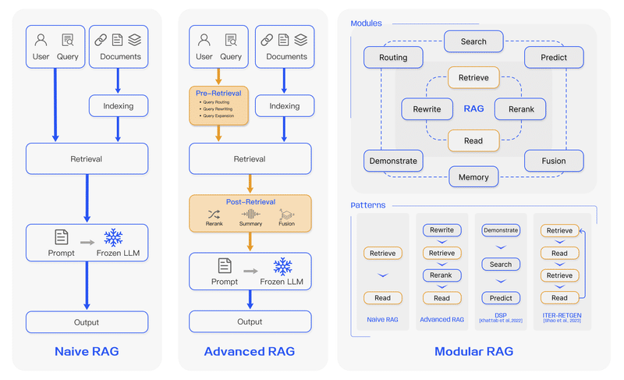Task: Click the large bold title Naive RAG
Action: tap(87, 351)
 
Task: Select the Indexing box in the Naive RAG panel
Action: tap(118, 106)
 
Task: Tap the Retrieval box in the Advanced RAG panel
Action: tap(250, 159)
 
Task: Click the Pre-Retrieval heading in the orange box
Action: tap(218, 93)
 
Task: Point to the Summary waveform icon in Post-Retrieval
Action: tap(250, 214)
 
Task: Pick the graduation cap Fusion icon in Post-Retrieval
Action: tap(286, 214)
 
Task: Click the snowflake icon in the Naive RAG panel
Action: tap(114, 238)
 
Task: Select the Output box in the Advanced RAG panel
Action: tap(250, 321)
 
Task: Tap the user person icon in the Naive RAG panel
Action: tap(41, 41)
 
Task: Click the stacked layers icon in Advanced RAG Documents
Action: tap(301, 40)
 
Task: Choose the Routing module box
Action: tap(393, 57)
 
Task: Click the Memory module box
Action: tap(473, 177)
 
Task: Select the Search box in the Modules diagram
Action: tap(473, 41)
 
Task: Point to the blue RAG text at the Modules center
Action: tap(473, 109)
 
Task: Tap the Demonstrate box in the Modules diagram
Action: tap(392, 162)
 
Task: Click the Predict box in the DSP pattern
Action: tap(501, 298)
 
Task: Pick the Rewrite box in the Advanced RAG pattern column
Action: tap(441, 230)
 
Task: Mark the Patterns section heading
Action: tap(367, 205)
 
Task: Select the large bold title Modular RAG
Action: tap(473, 351)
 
